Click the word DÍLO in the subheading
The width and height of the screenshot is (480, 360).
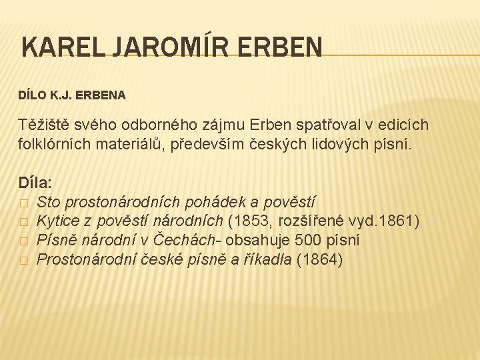click(31, 95)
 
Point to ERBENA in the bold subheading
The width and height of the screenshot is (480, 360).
click(103, 95)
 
